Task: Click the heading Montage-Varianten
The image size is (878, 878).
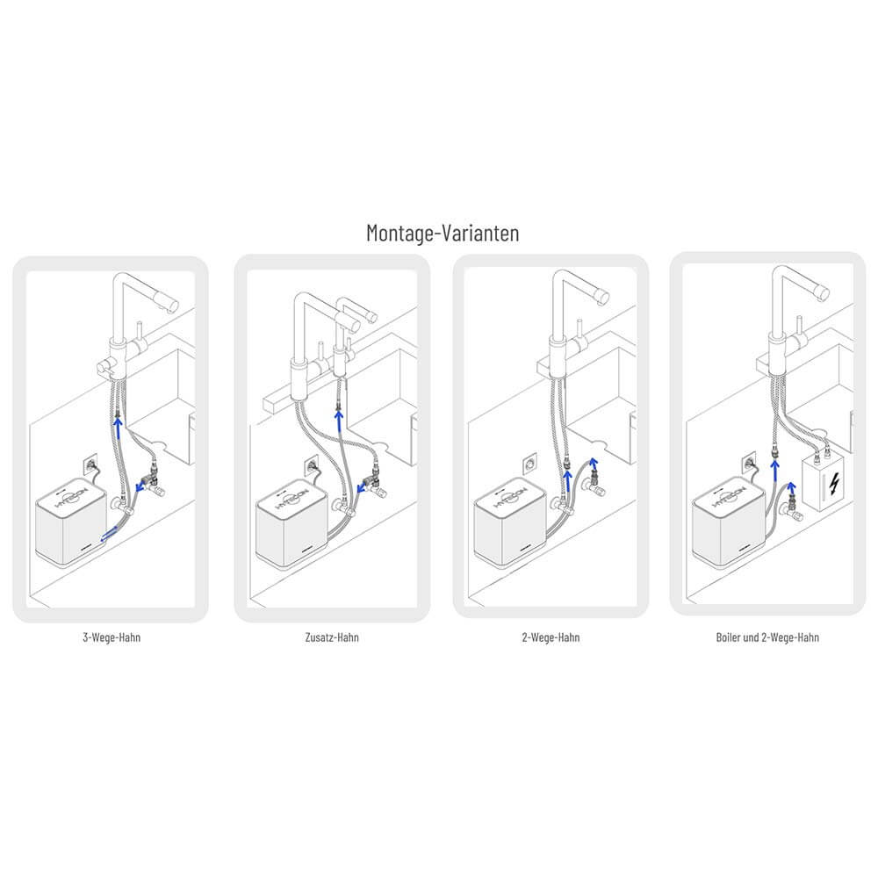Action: click(442, 233)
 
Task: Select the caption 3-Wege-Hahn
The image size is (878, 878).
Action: click(111, 637)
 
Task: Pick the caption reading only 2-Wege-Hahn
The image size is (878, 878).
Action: click(550, 637)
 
